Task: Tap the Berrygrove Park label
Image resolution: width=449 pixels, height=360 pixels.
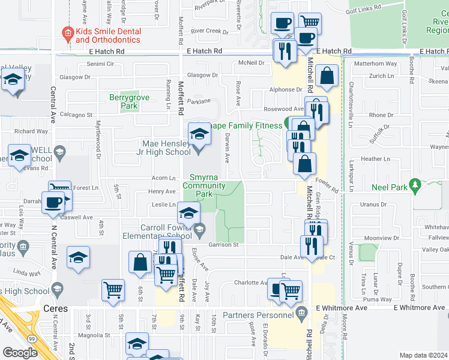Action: click(x=124, y=101)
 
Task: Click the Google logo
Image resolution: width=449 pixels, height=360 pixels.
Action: click(x=20, y=353)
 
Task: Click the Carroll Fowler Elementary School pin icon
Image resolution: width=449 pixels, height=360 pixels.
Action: click(x=199, y=229)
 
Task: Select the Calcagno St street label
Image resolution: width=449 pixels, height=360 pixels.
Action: click(x=75, y=115)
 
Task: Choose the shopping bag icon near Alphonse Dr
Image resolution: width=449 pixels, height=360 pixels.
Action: click(x=327, y=77)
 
